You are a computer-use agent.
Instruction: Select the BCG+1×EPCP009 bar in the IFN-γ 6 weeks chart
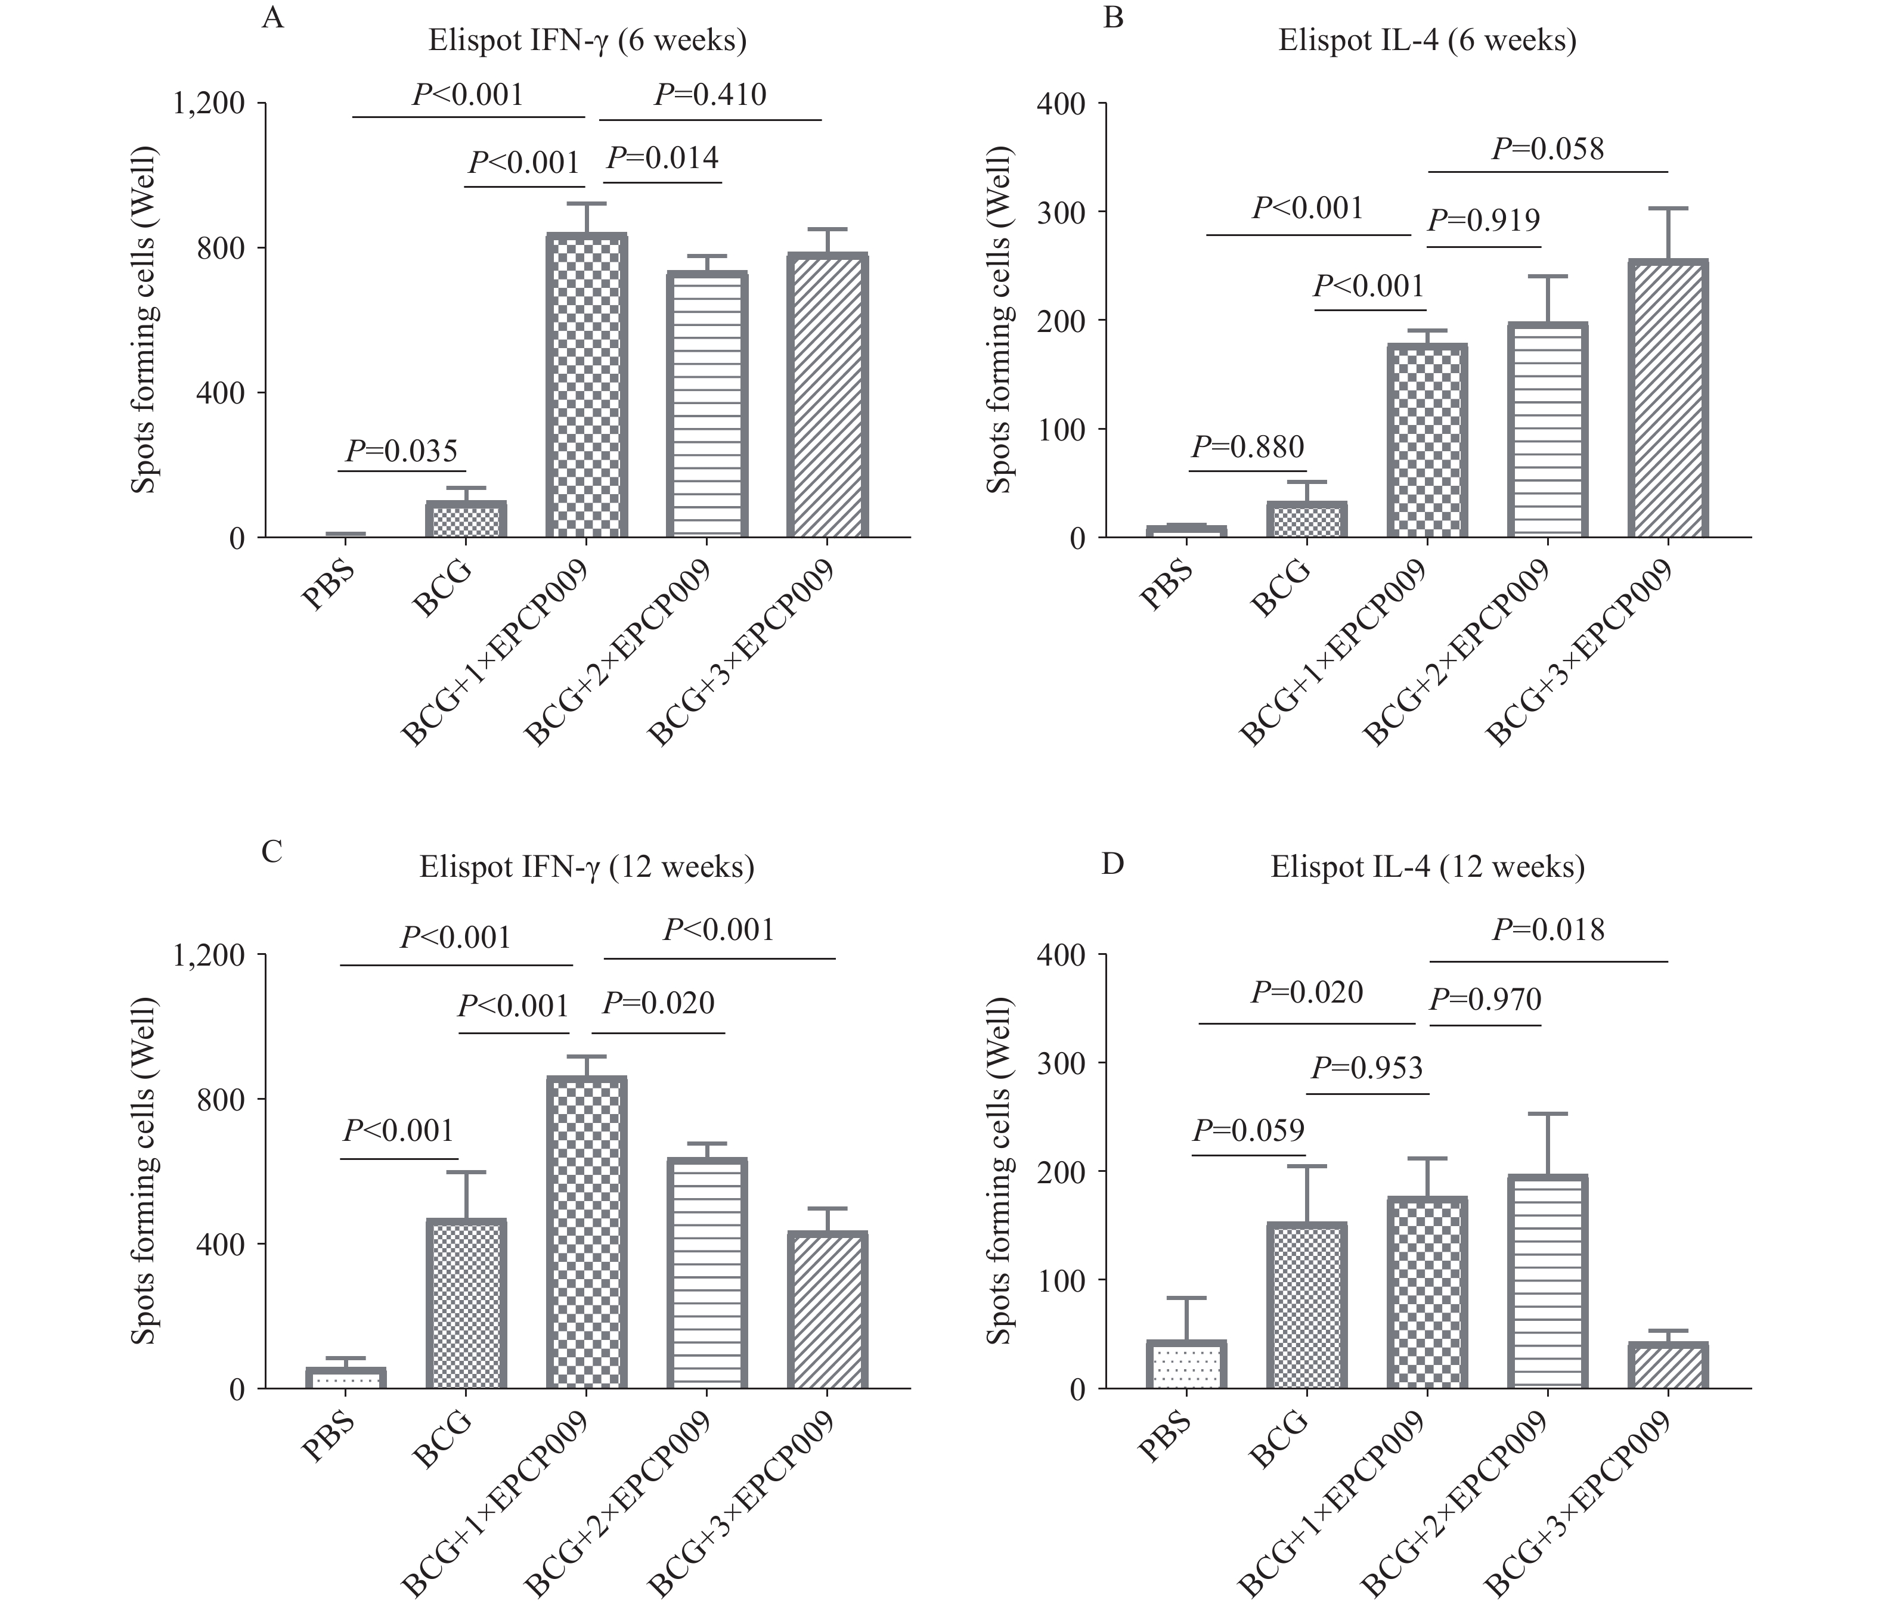click(x=587, y=385)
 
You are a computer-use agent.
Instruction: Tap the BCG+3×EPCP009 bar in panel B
click(x=1668, y=399)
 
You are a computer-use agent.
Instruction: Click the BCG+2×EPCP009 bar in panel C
click(x=707, y=1273)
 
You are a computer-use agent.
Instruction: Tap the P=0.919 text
click(x=1484, y=221)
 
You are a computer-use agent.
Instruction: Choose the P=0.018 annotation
click(x=1548, y=930)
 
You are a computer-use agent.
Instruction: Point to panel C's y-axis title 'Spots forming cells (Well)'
click(x=144, y=1171)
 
